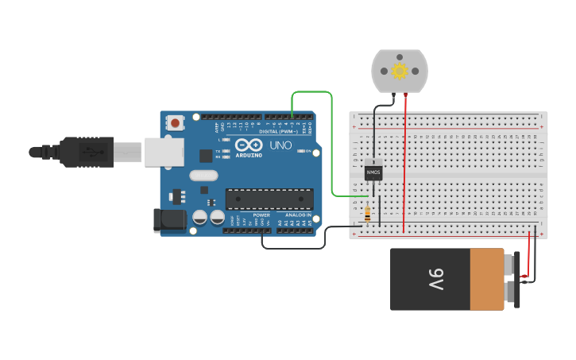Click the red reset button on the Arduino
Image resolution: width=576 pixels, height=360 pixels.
pos(175,122)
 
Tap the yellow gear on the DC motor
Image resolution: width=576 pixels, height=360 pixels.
pos(400,72)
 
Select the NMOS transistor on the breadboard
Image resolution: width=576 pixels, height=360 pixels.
pos(373,172)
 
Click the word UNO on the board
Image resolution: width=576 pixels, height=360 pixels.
pos(280,145)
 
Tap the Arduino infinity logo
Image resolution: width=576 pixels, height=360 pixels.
pos(248,145)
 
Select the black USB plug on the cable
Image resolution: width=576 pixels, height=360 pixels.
pos(87,152)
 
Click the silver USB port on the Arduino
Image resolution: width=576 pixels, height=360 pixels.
pos(163,151)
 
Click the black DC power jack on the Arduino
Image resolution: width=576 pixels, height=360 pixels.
pos(169,221)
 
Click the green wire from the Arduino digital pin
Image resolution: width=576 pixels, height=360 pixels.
pos(331,143)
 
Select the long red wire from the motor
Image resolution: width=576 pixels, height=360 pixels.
pos(404,167)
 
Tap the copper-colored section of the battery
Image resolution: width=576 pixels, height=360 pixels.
pos(487,279)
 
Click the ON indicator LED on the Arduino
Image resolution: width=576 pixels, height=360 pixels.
pos(300,151)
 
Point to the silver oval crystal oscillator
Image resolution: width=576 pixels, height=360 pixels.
pos(203,176)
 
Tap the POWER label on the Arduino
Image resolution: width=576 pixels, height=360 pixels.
pos(261,215)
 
